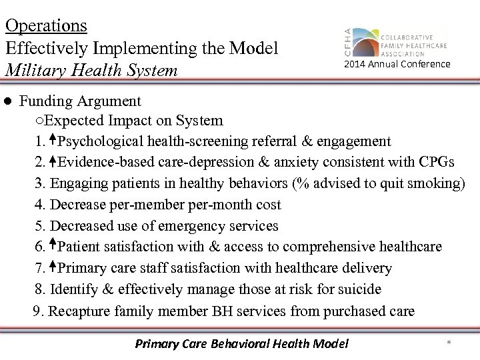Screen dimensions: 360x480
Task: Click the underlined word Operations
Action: (46, 25)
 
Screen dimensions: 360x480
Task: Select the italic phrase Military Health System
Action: (91, 70)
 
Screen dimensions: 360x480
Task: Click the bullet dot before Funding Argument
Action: (7, 102)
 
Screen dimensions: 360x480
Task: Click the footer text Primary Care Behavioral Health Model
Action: (241, 344)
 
